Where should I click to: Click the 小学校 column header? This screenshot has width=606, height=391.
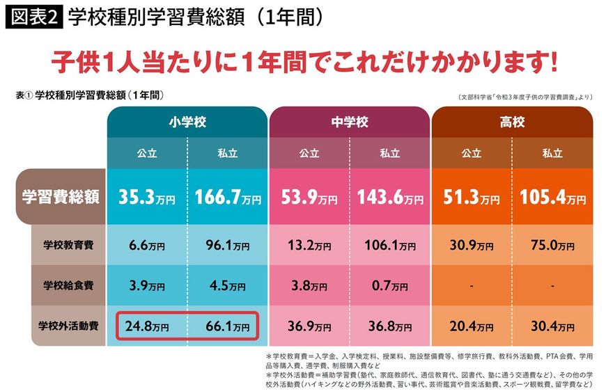point(187,122)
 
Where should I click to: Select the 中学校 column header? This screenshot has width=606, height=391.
point(350,122)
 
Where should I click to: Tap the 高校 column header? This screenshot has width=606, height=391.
point(512,122)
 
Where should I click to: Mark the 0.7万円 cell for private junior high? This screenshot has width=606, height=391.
point(390,285)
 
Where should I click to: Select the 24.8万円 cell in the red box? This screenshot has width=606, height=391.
point(148,325)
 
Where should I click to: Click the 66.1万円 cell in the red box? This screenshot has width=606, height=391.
point(228,325)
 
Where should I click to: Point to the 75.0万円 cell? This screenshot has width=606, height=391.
point(552,246)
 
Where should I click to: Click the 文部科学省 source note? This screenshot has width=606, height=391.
point(526,97)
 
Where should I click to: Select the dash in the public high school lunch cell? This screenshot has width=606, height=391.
point(471,285)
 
